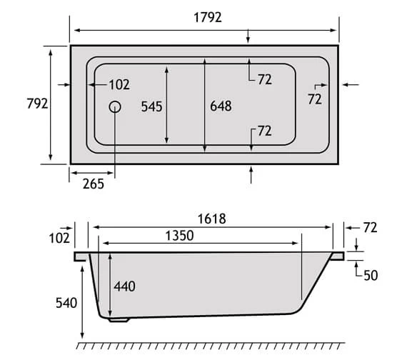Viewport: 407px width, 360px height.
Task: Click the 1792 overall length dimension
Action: (x=205, y=17)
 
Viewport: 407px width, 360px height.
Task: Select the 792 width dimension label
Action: (x=36, y=104)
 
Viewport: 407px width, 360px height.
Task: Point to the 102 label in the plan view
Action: (x=119, y=85)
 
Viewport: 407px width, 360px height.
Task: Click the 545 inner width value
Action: (x=152, y=106)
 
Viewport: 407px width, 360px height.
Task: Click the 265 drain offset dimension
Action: (x=93, y=184)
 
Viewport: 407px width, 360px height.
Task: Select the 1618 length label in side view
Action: (x=212, y=219)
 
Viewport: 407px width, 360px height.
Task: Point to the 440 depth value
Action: (x=124, y=286)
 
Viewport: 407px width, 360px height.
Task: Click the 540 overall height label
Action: (x=66, y=303)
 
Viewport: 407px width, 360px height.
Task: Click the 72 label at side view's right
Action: (x=369, y=228)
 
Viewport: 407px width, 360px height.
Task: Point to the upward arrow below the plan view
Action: (x=251, y=174)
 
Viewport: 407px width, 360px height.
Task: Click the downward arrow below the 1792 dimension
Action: (x=248, y=37)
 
